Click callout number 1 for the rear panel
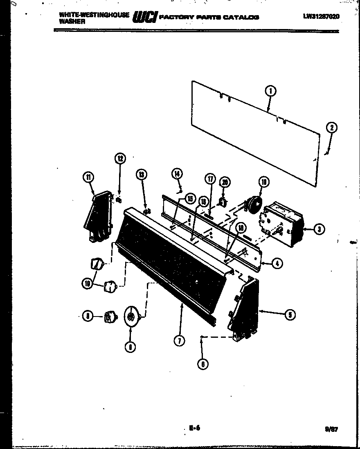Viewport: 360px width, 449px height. click(x=270, y=91)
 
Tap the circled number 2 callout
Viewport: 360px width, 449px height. click(x=331, y=128)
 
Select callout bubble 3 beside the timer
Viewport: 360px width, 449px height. click(x=319, y=229)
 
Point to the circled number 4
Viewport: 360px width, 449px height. click(x=277, y=264)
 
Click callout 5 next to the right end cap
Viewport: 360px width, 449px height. click(x=289, y=314)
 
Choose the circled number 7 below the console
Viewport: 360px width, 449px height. click(x=179, y=341)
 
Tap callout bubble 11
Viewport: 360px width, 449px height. click(x=88, y=177)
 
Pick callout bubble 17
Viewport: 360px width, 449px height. click(x=210, y=179)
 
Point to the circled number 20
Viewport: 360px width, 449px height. click(x=224, y=182)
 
